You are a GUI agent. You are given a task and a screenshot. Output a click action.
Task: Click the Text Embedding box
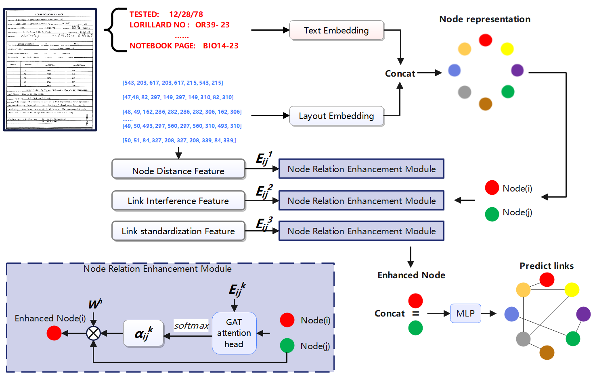point(336,30)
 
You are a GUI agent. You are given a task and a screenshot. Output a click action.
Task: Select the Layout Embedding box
point(336,116)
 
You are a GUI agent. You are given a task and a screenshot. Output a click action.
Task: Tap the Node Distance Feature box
point(178,171)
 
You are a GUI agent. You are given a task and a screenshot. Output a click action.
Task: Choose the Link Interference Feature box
point(178,201)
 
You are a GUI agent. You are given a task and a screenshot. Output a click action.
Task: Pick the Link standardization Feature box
point(178,231)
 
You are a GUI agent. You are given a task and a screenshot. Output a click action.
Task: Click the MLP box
point(465,313)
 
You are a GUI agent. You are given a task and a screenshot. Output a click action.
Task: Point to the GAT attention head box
point(234,333)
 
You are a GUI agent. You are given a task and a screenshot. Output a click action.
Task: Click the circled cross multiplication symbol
point(94,333)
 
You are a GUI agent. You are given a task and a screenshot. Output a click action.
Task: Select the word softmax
point(191,325)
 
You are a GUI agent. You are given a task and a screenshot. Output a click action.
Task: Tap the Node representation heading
point(485,19)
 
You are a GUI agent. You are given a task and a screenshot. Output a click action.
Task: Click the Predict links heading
point(547,266)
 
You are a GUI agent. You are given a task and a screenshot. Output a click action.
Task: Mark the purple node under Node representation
point(517,70)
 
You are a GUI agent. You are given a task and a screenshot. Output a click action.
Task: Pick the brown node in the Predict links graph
point(547,352)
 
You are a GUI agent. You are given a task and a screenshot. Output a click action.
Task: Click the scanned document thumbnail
point(50,69)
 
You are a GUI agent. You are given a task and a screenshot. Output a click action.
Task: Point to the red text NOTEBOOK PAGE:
point(162,46)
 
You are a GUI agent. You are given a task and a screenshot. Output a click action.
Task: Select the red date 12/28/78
point(186,14)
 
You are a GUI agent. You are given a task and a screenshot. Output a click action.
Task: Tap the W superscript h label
point(95,304)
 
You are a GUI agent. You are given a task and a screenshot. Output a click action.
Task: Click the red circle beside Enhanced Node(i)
point(54,333)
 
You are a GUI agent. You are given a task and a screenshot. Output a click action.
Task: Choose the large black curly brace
point(115,30)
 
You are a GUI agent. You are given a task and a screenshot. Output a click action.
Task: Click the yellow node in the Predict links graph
point(572,290)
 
